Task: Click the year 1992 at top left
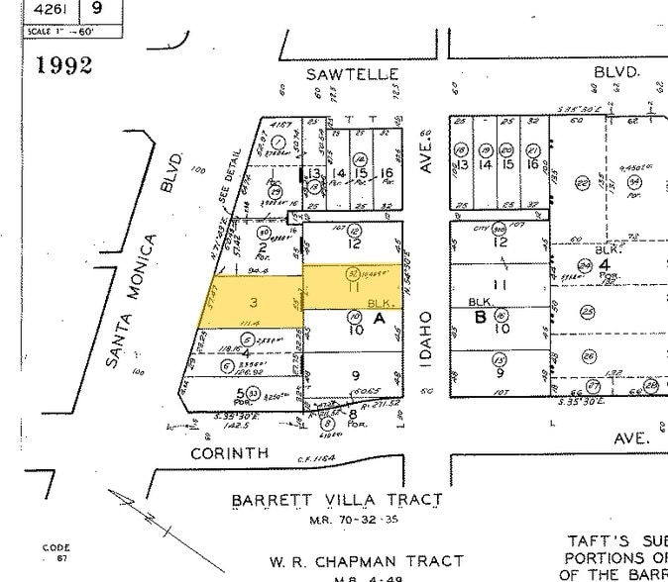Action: click(64, 65)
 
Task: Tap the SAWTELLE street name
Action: click(352, 74)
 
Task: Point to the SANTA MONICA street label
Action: click(129, 302)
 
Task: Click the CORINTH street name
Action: click(230, 452)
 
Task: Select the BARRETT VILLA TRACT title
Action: click(337, 501)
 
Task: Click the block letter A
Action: click(378, 319)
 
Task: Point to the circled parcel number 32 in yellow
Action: click(352, 273)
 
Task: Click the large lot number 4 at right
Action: click(604, 264)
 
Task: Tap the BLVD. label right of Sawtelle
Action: click(617, 73)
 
